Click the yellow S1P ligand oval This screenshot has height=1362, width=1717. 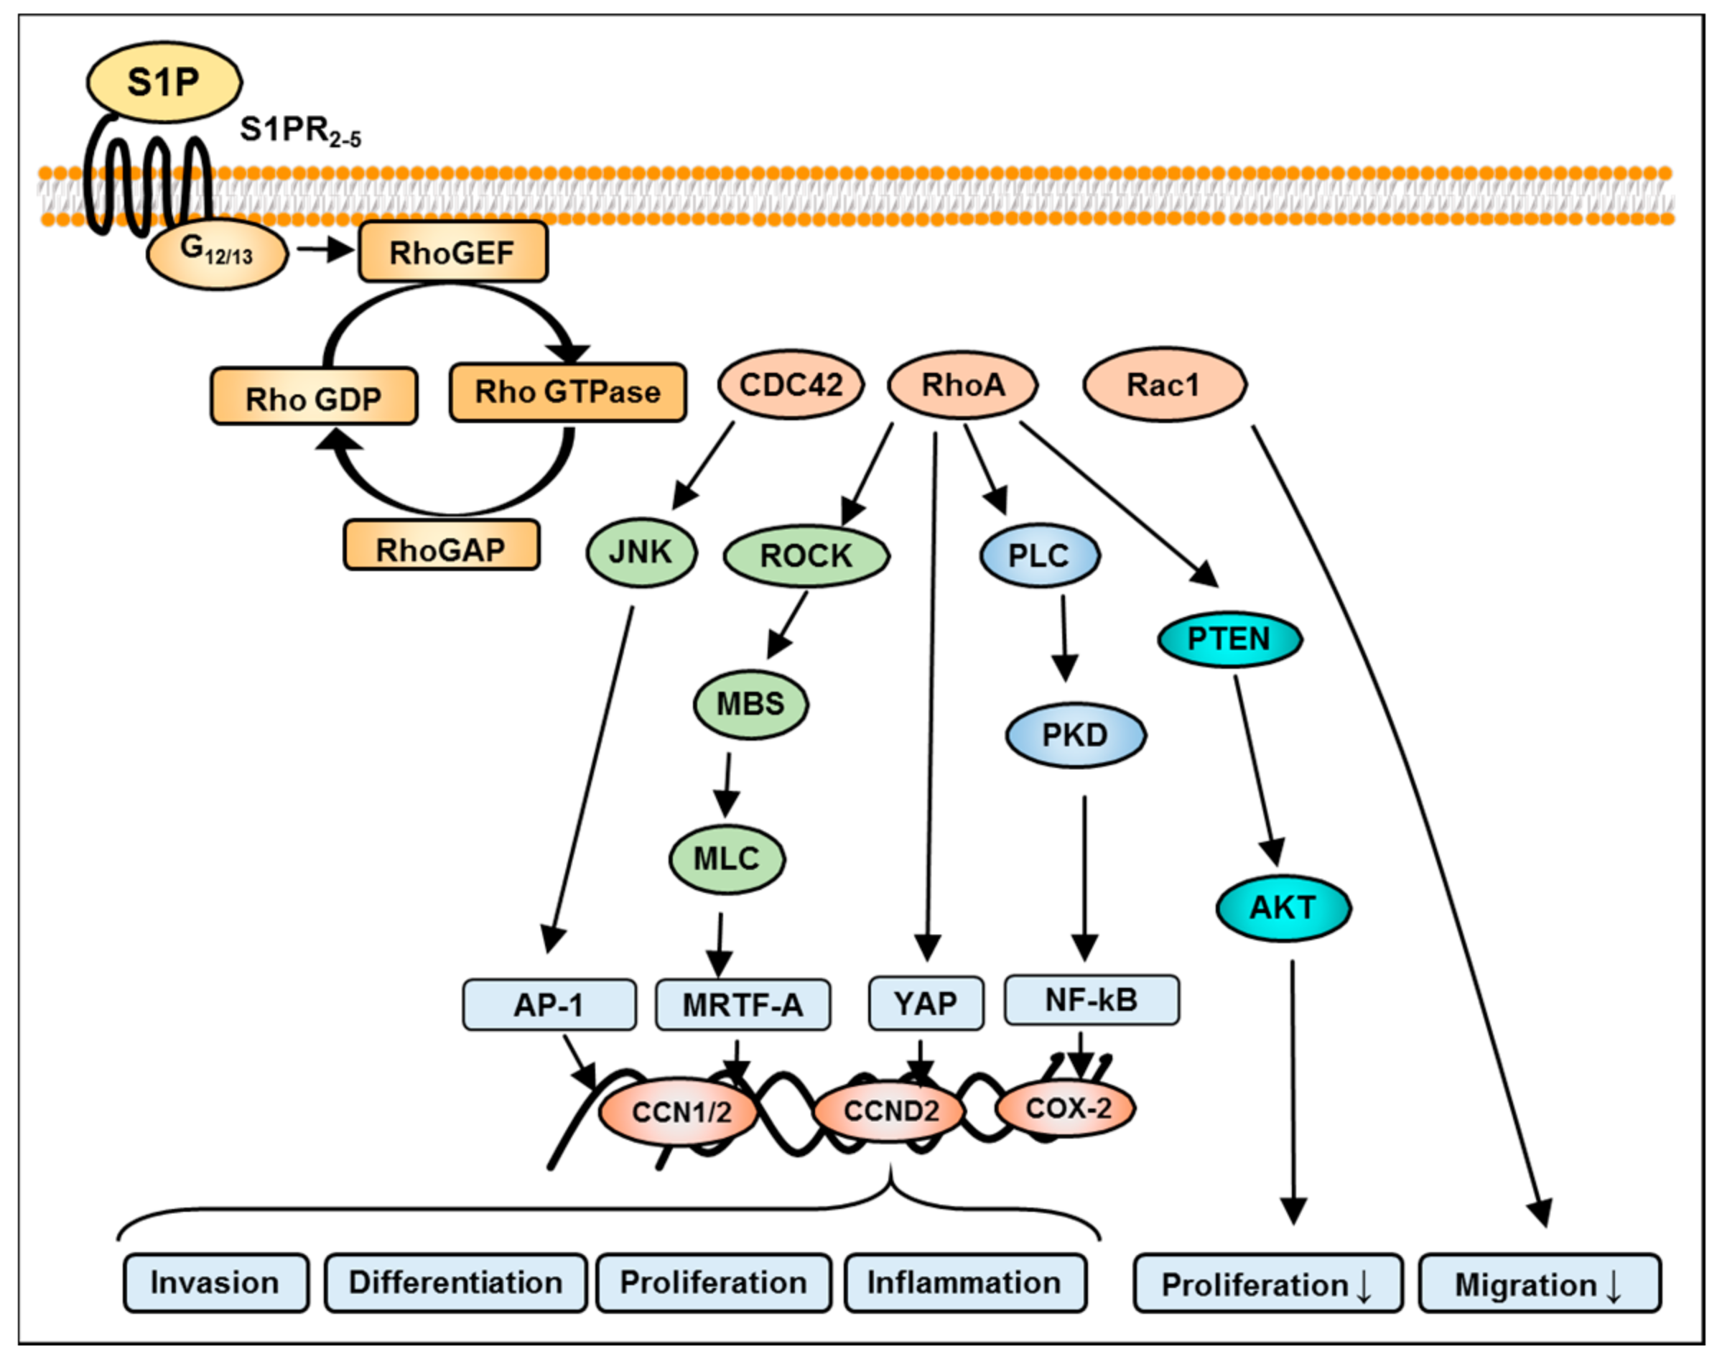(x=164, y=82)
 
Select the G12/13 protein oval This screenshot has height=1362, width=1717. (x=217, y=254)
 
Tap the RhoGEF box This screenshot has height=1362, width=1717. (x=452, y=251)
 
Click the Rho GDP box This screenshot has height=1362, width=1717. (x=314, y=396)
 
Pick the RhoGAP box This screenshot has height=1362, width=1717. (x=441, y=546)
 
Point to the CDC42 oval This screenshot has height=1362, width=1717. (x=791, y=385)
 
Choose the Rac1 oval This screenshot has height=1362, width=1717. (x=1164, y=385)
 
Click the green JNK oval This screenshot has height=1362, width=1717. (x=641, y=552)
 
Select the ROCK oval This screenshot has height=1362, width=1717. (x=806, y=555)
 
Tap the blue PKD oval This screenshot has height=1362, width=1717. (x=1076, y=734)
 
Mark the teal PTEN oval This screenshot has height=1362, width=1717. (x=1229, y=639)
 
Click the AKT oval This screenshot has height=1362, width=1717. (x=1283, y=907)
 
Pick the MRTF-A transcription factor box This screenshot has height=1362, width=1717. (x=743, y=1005)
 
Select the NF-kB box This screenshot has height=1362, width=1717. (x=1092, y=1001)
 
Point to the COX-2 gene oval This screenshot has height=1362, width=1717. (x=1066, y=1108)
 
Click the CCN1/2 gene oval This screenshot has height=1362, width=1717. (x=679, y=1112)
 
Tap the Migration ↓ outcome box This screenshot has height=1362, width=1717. (x=1540, y=1283)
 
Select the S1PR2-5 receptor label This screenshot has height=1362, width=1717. (x=300, y=131)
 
